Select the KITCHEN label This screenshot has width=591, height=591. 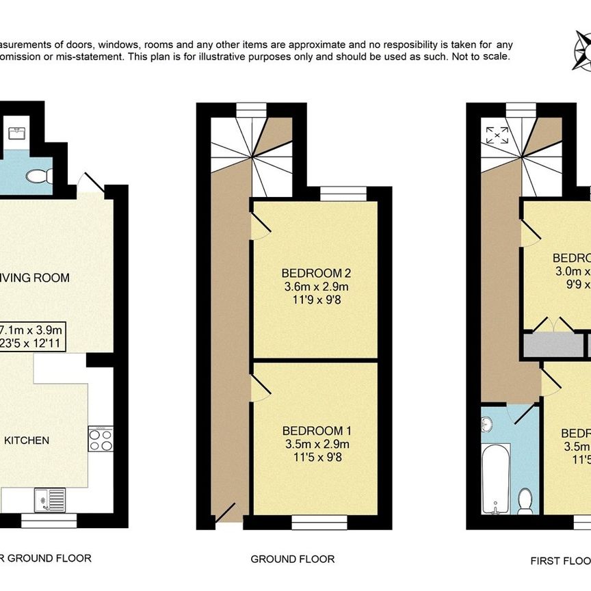click(27, 440)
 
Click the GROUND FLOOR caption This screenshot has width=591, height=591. click(292, 559)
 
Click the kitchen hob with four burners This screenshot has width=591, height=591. click(101, 438)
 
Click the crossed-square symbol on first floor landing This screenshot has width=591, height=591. click(493, 135)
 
